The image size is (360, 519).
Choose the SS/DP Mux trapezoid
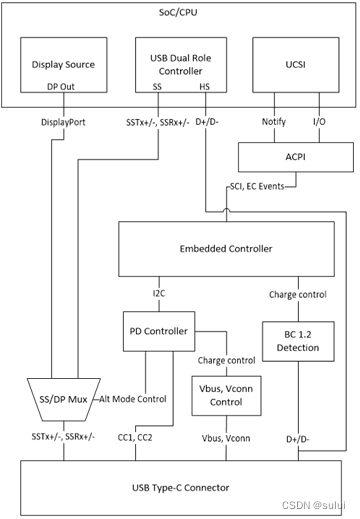(x=58, y=398)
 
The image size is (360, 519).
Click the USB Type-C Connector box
(x=181, y=486)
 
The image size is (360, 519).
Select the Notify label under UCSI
(x=274, y=121)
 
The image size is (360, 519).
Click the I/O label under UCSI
(x=318, y=121)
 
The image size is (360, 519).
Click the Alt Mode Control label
(x=134, y=398)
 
